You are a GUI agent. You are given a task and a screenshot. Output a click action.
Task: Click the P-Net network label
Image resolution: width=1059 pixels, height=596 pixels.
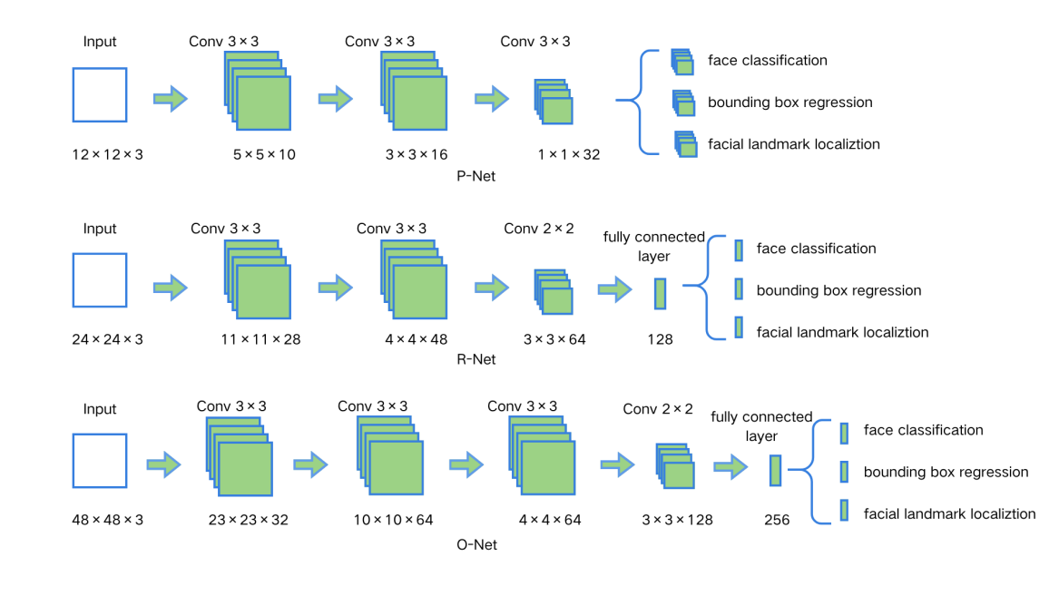coord(476,176)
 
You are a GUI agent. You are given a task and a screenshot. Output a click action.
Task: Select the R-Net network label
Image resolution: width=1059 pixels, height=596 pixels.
coord(477,359)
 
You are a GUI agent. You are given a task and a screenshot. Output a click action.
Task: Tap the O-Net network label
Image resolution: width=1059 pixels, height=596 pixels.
coord(476,545)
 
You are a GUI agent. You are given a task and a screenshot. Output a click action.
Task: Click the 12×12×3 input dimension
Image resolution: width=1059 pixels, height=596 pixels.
coord(107,154)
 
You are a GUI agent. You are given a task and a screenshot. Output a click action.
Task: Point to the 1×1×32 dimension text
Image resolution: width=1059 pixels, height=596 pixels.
coord(569,154)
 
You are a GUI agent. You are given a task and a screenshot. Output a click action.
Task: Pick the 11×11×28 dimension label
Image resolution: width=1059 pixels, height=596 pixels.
coord(262,339)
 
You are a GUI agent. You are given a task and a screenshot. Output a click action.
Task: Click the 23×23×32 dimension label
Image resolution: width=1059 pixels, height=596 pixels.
coord(249,521)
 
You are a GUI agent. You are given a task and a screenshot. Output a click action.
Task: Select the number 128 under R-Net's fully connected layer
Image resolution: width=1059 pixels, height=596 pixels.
coord(660,339)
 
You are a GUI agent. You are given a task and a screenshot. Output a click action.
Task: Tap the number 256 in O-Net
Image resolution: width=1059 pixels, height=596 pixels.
coord(777,521)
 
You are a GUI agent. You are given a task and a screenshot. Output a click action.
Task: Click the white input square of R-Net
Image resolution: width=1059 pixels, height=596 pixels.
coord(100,280)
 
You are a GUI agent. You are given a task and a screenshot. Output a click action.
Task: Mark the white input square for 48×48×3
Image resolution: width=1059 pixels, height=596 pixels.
coord(100,461)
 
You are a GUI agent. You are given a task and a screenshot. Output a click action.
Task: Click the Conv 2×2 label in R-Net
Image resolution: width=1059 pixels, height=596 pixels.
coord(539,228)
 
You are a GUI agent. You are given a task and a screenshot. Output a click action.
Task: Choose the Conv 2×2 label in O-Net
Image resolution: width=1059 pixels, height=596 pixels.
coord(658,409)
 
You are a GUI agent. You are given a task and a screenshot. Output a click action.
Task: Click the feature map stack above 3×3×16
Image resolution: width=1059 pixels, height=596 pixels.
coord(414,93)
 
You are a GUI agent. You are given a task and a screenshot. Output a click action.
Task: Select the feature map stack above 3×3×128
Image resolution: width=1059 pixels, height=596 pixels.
coord(674,465)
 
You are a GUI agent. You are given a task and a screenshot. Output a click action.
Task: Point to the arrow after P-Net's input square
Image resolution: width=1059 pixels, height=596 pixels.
coord(170,98)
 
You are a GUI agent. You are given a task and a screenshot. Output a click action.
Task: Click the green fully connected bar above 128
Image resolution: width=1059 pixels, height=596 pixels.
coord(661,293)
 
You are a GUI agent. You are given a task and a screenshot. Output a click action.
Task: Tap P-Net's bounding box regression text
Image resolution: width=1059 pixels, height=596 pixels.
coord(789,103)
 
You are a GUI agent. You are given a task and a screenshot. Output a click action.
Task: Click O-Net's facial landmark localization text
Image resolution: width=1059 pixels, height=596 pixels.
coord(949,513)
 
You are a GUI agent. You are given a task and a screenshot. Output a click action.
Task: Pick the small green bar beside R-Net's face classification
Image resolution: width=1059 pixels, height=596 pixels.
coord(739,249)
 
